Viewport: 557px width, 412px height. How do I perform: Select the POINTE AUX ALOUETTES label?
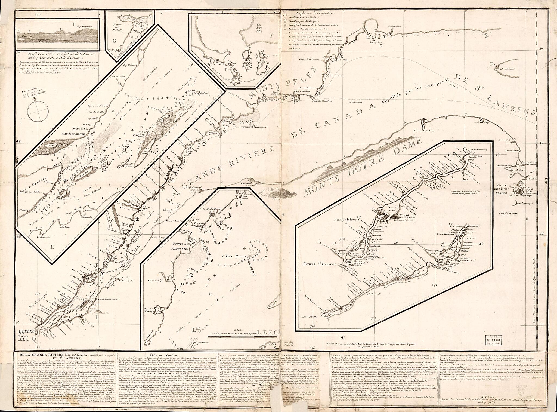point(177,241)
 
